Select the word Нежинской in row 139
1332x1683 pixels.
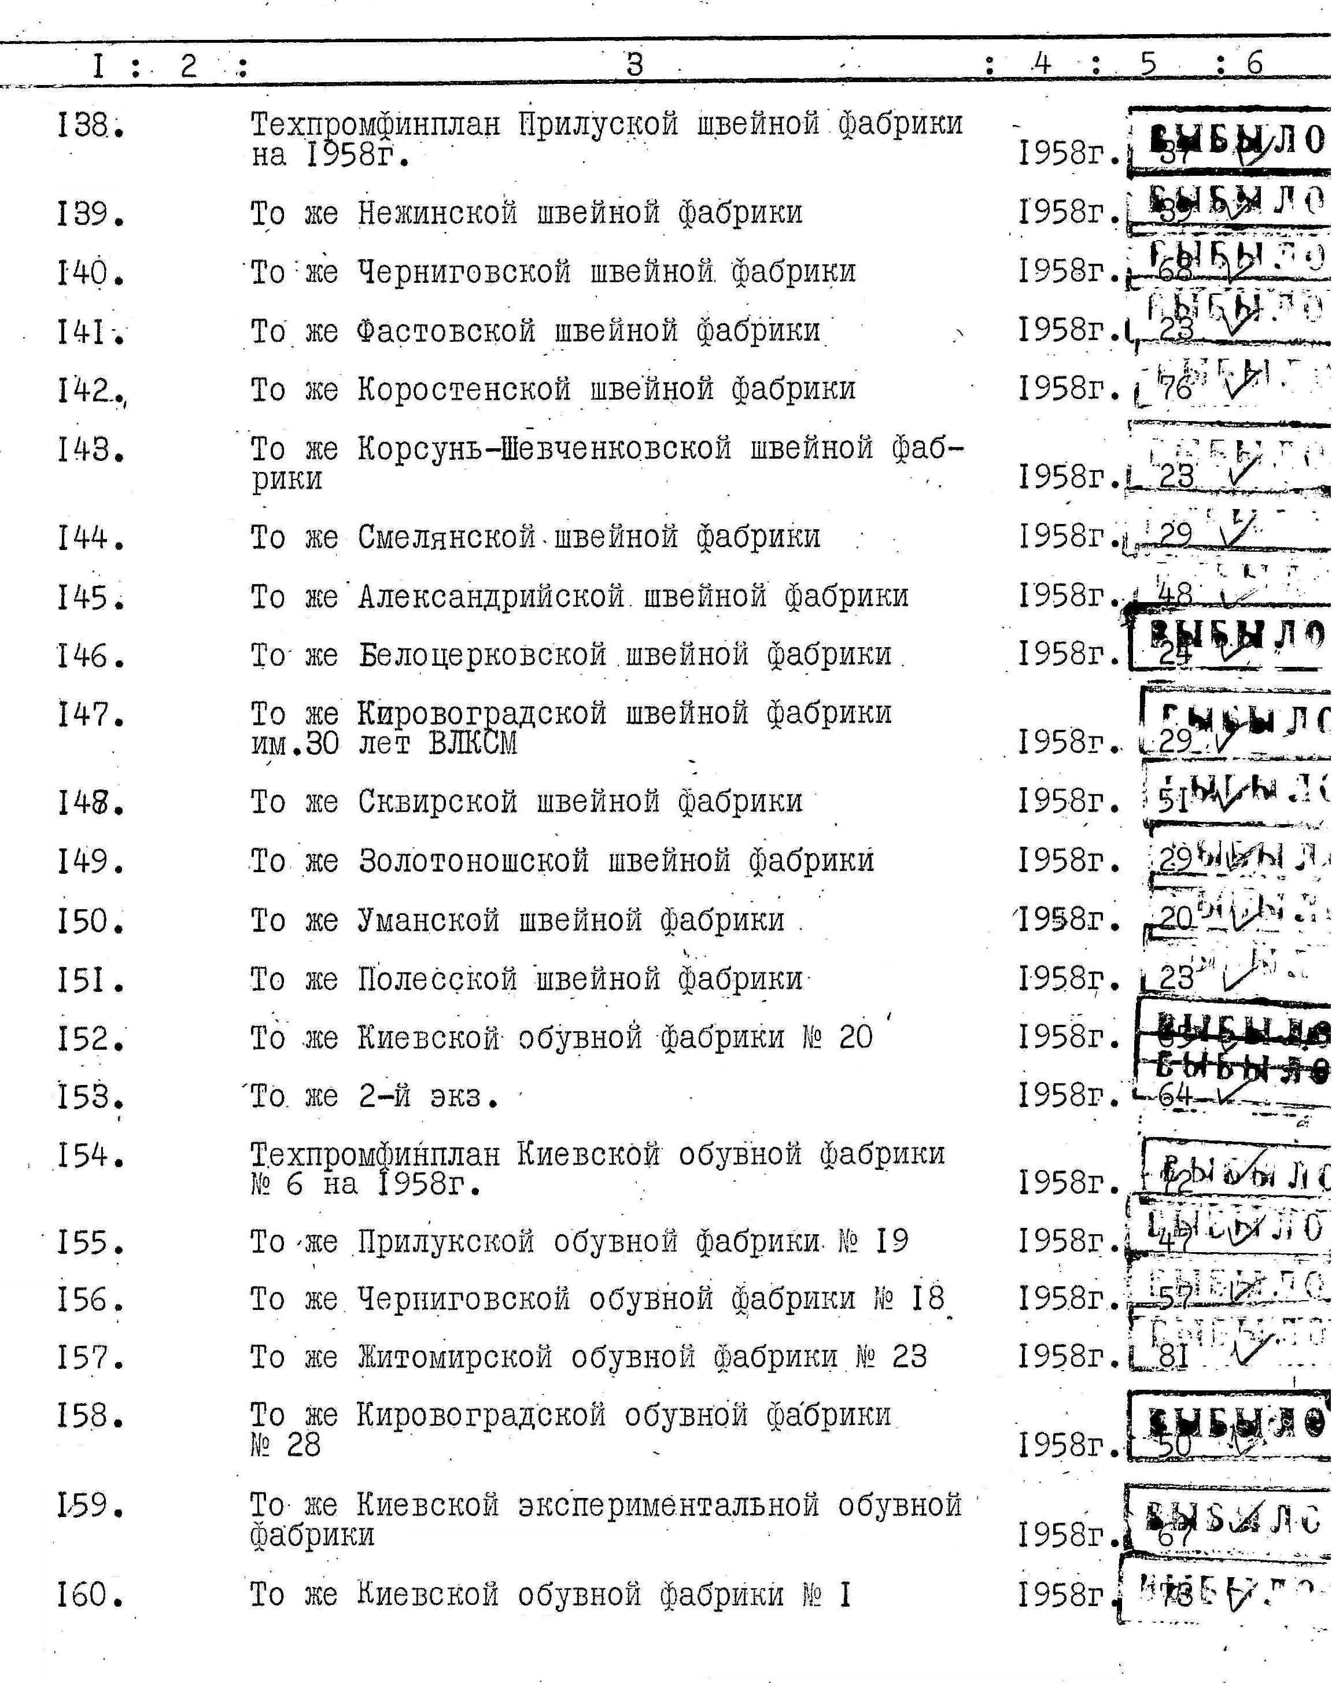[x=437, y=213]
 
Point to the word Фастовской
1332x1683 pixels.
[x=446, y=331]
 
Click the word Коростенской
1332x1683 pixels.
[x=464, y=389]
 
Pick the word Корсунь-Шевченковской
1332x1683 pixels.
[x=544, y=448]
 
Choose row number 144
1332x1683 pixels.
[x=90, y=538]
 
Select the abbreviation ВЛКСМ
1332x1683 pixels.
[x=473, y=743]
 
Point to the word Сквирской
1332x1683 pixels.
[x=437, y=802]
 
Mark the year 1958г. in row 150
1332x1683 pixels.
[x=1068, y=920]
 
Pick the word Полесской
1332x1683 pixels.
[x=437, y=979]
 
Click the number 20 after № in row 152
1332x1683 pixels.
[x=855, y=1037]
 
